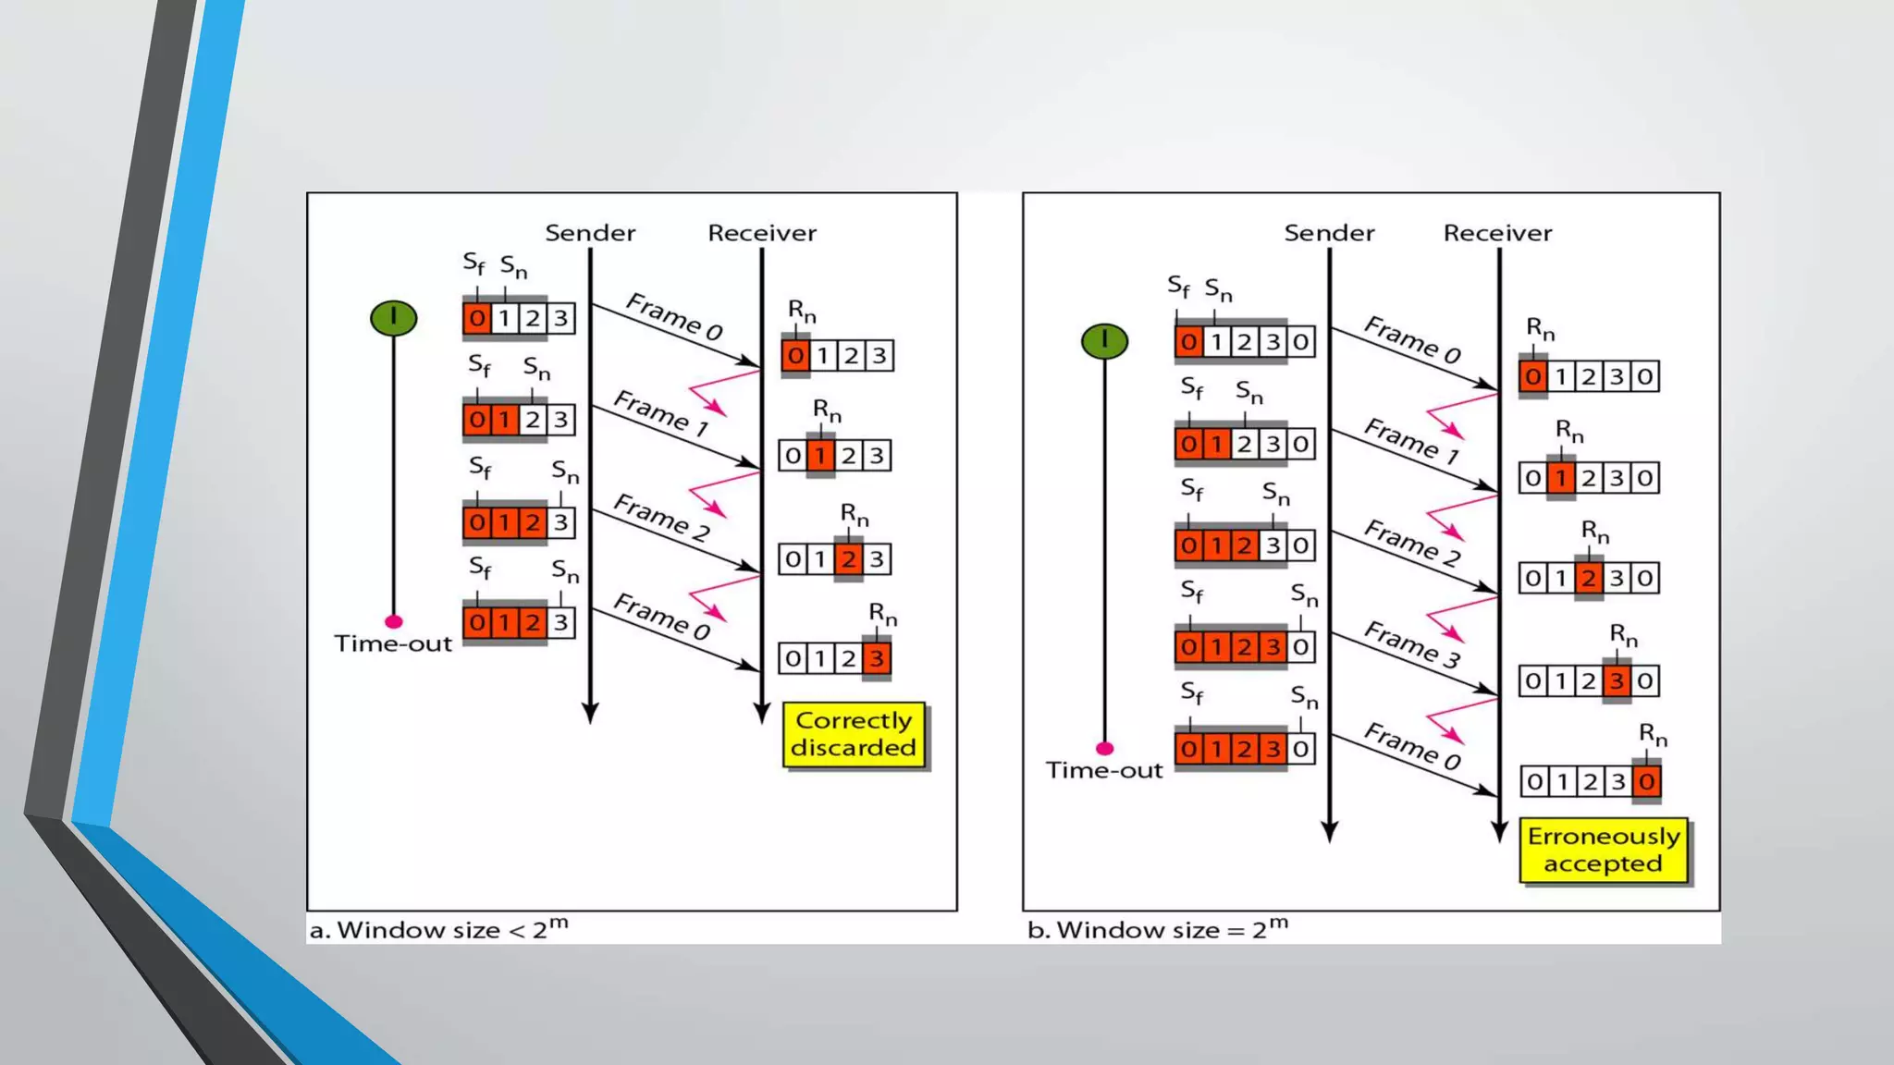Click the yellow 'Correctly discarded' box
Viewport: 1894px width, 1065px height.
[x=854, y=734]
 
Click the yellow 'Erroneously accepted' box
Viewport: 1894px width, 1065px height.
[x=1604, y=850]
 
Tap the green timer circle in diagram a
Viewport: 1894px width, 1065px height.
[x=393, y=318]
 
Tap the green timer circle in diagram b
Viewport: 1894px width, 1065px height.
[x=1104, y=341]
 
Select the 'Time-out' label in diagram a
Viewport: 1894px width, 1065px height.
[x=393, y=643]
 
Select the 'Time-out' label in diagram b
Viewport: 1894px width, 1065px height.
[x=1104, y=770]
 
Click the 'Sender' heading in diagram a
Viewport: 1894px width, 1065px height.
[x=590, y=233]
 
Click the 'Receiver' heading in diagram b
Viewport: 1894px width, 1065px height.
[x=1497, y=233]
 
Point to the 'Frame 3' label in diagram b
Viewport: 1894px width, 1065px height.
[x=1411, y=644]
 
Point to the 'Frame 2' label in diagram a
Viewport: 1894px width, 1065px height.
[x=661, y=517]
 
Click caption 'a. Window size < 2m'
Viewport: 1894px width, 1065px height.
[x=438, y=929]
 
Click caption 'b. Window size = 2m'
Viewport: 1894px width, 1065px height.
[x=1157, y=929]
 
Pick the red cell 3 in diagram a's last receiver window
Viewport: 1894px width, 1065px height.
[x=877, y=658]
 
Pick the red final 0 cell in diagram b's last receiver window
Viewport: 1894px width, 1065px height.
[x=1646, y=782]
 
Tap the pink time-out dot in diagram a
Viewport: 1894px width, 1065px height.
[x=393, y=621]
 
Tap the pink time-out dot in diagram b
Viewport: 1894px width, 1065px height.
[x=1104, y=748]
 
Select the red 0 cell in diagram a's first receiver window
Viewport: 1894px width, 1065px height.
[x=795, y=355]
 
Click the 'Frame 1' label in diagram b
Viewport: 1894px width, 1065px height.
[x=1411, y=441]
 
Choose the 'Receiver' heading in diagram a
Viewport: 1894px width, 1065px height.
[x=762, y=233]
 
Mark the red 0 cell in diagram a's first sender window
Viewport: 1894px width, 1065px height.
[x=476, y=318]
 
